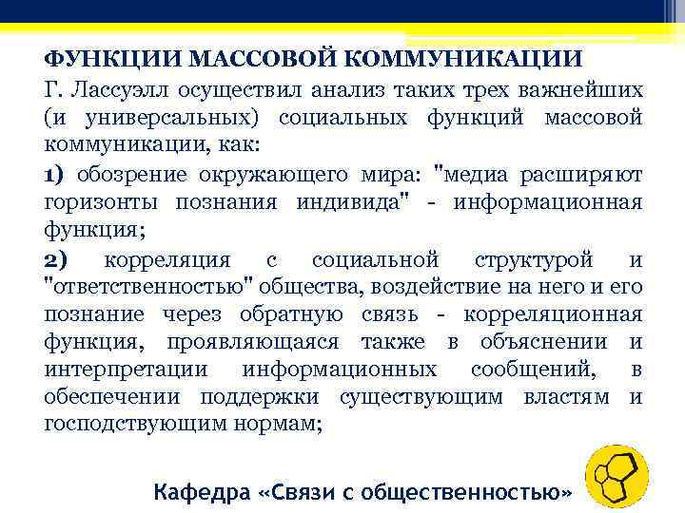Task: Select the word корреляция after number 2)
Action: point(167,259)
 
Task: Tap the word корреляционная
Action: point(553,314)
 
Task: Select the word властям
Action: point(567,397)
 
